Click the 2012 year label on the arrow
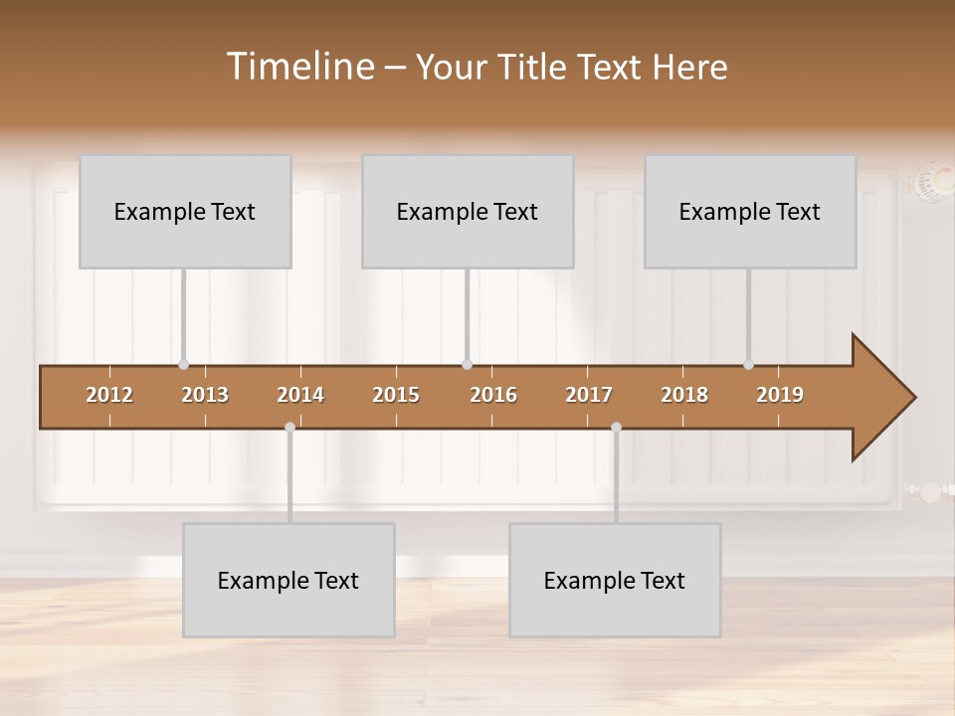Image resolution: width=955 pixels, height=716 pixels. (x=109, y=395)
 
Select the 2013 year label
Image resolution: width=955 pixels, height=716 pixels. (x=205, y=395)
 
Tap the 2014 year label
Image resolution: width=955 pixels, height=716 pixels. (x=300, y=395)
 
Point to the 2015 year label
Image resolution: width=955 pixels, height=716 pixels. (x=396, y=395)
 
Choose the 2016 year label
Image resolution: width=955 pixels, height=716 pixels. (x=493, y=395)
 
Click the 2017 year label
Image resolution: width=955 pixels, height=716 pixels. (x=589, y=395)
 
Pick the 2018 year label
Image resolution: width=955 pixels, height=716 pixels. (x=684, y=395)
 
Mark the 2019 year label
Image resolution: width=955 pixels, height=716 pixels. (x=780, y=395)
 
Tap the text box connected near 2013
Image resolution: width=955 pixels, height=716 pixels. (x=185, y=212)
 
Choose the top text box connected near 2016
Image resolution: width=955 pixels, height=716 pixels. (x=468, y=212)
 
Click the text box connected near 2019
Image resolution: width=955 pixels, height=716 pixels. (x=750, y=212)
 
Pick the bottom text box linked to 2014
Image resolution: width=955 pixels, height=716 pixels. (x=288, y=580)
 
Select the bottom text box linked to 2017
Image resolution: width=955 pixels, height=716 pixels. (x=615, y=580)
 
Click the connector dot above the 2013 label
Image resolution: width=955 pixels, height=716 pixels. (x=183, y=365)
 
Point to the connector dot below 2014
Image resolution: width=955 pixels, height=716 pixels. (x=289, y=428)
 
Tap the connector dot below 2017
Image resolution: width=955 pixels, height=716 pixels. (x=616, y=428)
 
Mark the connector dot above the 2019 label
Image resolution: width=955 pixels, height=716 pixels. (x=748, y=365)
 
